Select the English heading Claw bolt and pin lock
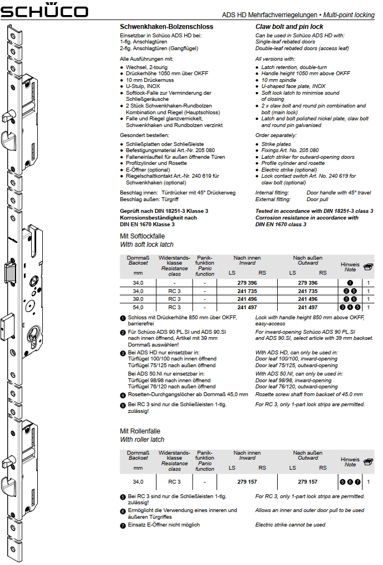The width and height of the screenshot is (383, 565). (289, 27)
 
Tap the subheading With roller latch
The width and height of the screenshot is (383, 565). (142, 440)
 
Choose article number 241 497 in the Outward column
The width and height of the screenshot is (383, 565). (308, 307)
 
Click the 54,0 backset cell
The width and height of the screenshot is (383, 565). (138, 307)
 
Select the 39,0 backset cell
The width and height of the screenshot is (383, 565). (138, 299)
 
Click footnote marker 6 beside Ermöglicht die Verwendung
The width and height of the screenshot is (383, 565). (122, 511)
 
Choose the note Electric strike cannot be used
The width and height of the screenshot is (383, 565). (290, 525)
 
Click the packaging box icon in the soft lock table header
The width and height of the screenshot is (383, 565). (368, 267)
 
